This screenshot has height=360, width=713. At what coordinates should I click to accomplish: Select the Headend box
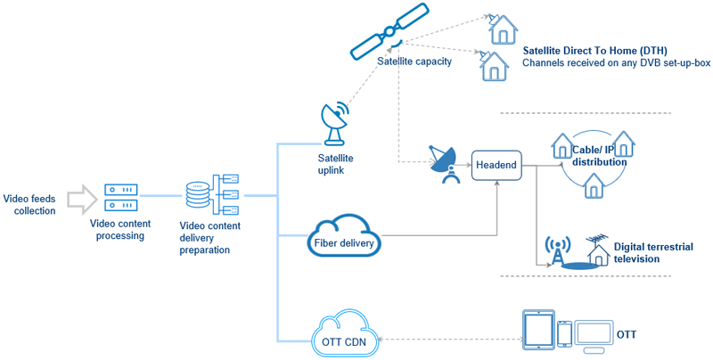496,166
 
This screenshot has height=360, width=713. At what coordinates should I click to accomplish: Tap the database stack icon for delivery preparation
198,195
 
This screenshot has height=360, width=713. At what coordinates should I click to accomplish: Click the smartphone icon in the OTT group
564,334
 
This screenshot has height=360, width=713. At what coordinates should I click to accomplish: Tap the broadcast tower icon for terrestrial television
557,251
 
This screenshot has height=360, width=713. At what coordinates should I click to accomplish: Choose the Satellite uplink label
335,161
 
